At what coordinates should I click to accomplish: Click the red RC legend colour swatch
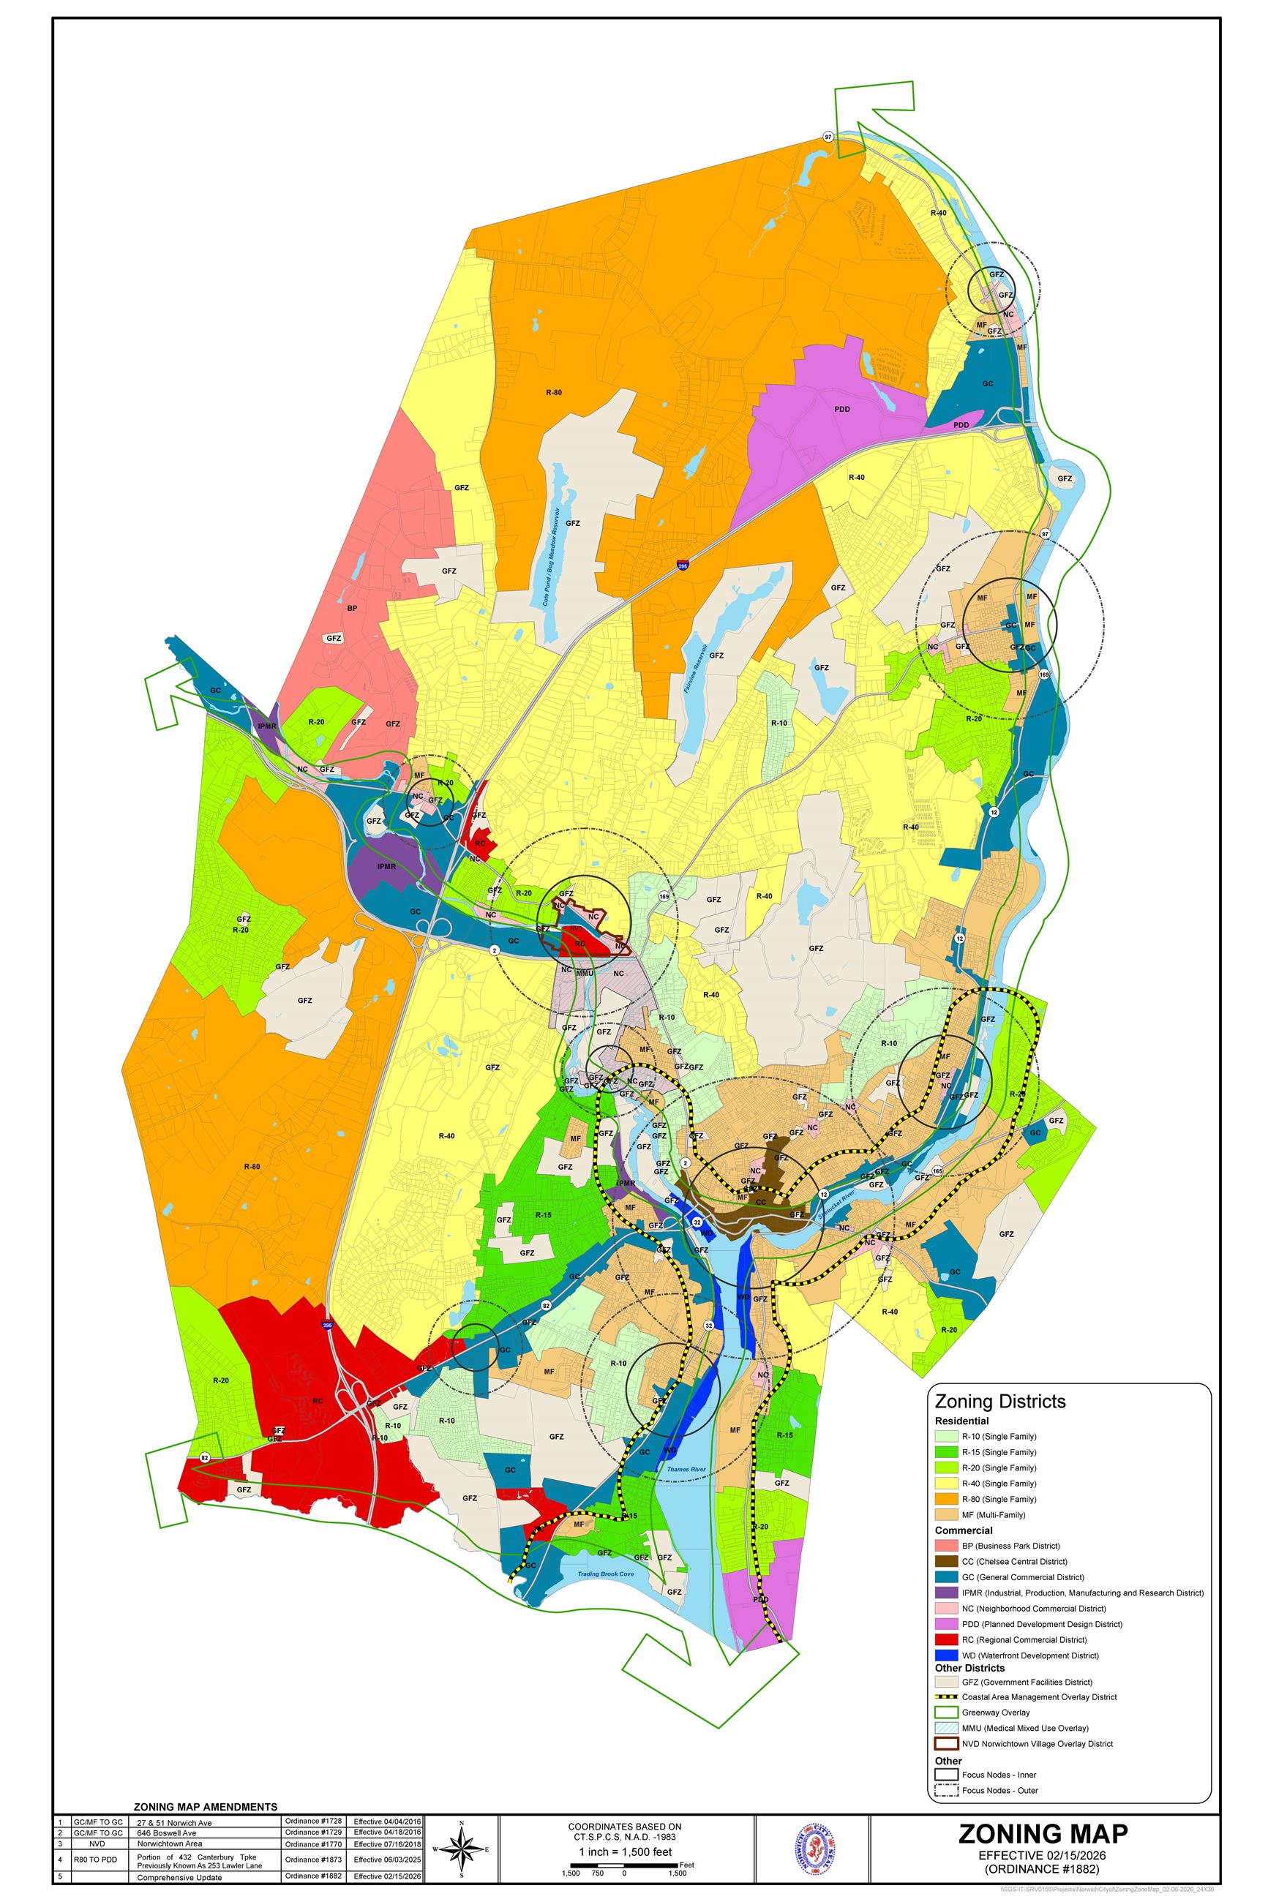(x=945, y=1639)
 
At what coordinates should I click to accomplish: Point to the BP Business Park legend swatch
(x=945, y=1546)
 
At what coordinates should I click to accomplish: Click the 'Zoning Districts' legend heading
(x=999, y=1401)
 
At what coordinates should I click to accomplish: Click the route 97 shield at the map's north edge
(x=828, y=137)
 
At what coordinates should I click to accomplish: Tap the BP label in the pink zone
(x=352, y=608)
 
